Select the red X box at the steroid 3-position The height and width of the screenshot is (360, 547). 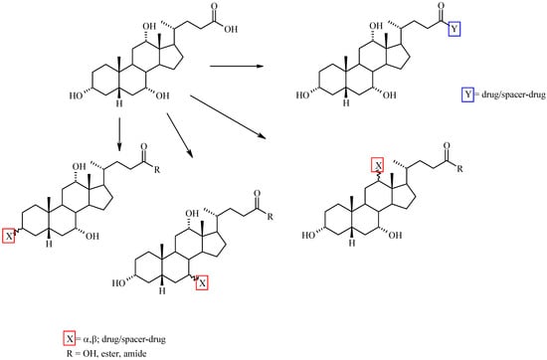pyautogui.click(x=8, y=236)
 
